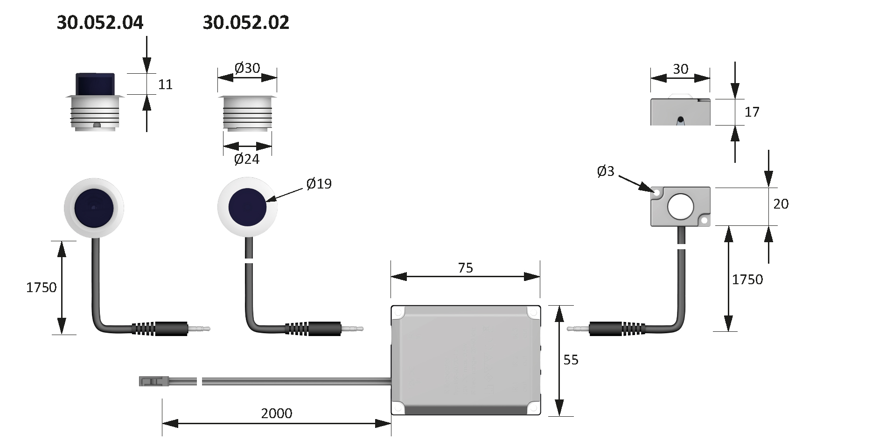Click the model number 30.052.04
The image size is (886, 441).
(x=100, y=22)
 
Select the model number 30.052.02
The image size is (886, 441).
(x=246, y=22)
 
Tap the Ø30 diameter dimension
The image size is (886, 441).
(x=247, y=68)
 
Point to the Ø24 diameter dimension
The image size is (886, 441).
(x=246, y=159)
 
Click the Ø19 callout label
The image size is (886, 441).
(x=319, y=183)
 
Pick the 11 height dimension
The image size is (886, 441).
(x=165, y=84)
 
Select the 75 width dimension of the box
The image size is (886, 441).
(x=465, y=268)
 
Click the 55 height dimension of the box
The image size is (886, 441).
(x=571, y=360)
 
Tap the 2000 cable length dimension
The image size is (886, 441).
(x=277, y=413)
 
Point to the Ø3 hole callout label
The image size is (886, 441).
(x=606, y=172)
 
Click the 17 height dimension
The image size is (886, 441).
(x=752, y=112)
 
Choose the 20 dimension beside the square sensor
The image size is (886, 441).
(x=781, y=204)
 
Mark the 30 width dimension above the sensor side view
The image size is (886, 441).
(x=680, y=69)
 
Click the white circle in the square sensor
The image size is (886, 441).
(x=681, y=207)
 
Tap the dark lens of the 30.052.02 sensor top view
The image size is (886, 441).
(x=247, y=208)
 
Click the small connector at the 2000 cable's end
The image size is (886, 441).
(x=149, y=381)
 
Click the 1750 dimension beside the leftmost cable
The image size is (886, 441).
(x=41, y=287)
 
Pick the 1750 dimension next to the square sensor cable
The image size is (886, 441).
(x=747, y=280)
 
